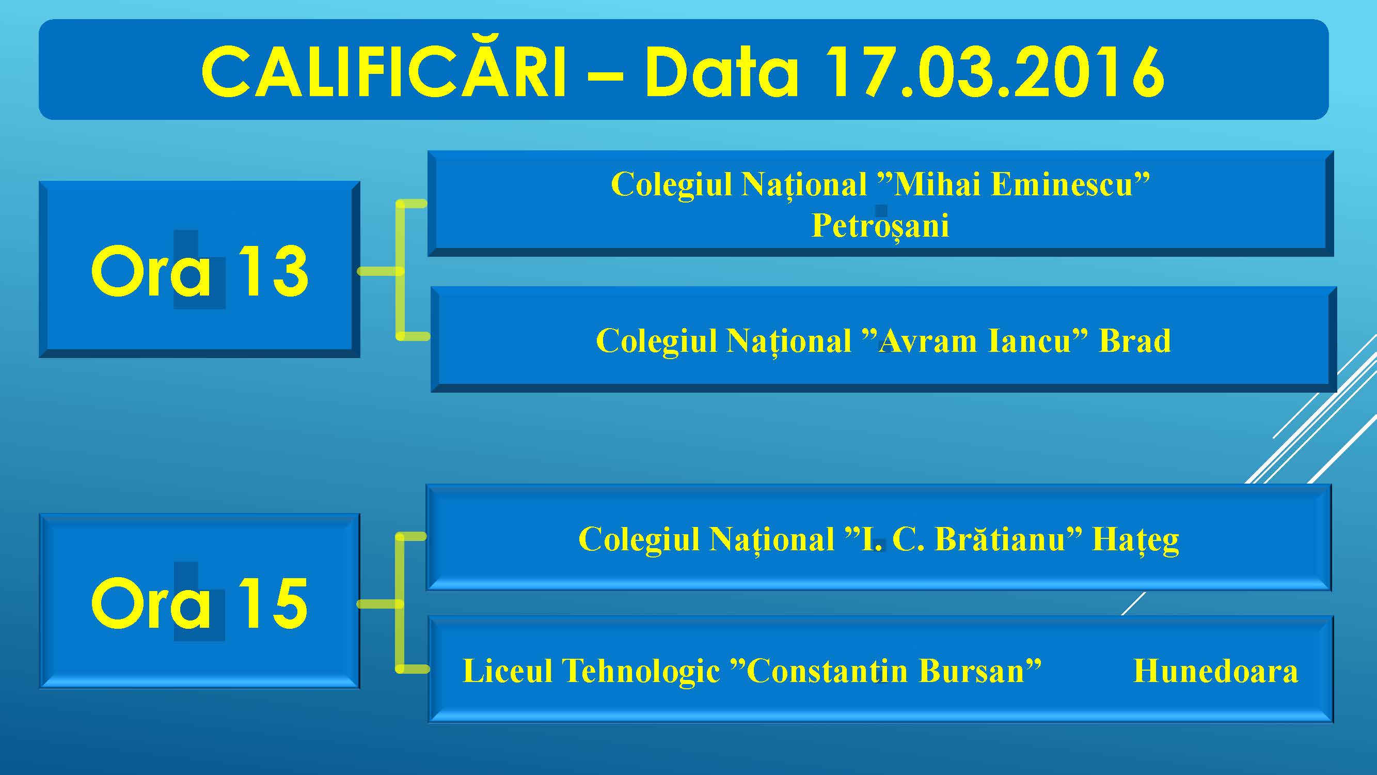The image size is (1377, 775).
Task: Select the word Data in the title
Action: (x=722, y=71)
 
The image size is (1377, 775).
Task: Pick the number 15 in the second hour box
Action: (x=273, y=603)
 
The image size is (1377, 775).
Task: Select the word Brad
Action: (x=1135, y=340)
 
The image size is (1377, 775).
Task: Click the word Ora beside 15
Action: (x=151, y=603)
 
